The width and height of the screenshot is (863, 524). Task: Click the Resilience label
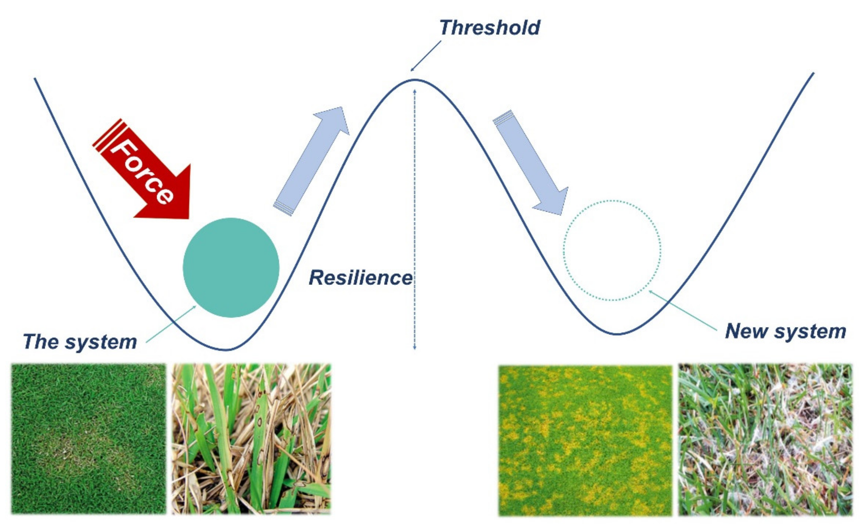click(x=360, y=278)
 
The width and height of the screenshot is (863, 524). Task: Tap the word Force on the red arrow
click(x=142, y=172)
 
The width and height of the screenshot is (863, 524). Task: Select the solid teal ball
click(x=231, y=268)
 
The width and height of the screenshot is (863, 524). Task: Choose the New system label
click(x=785, y=331)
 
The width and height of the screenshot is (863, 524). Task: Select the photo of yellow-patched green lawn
click(x=585, y=440)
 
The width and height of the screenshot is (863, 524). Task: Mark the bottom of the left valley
click(x=227, y=349)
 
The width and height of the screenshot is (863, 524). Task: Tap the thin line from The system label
click(x=171, y=324)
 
